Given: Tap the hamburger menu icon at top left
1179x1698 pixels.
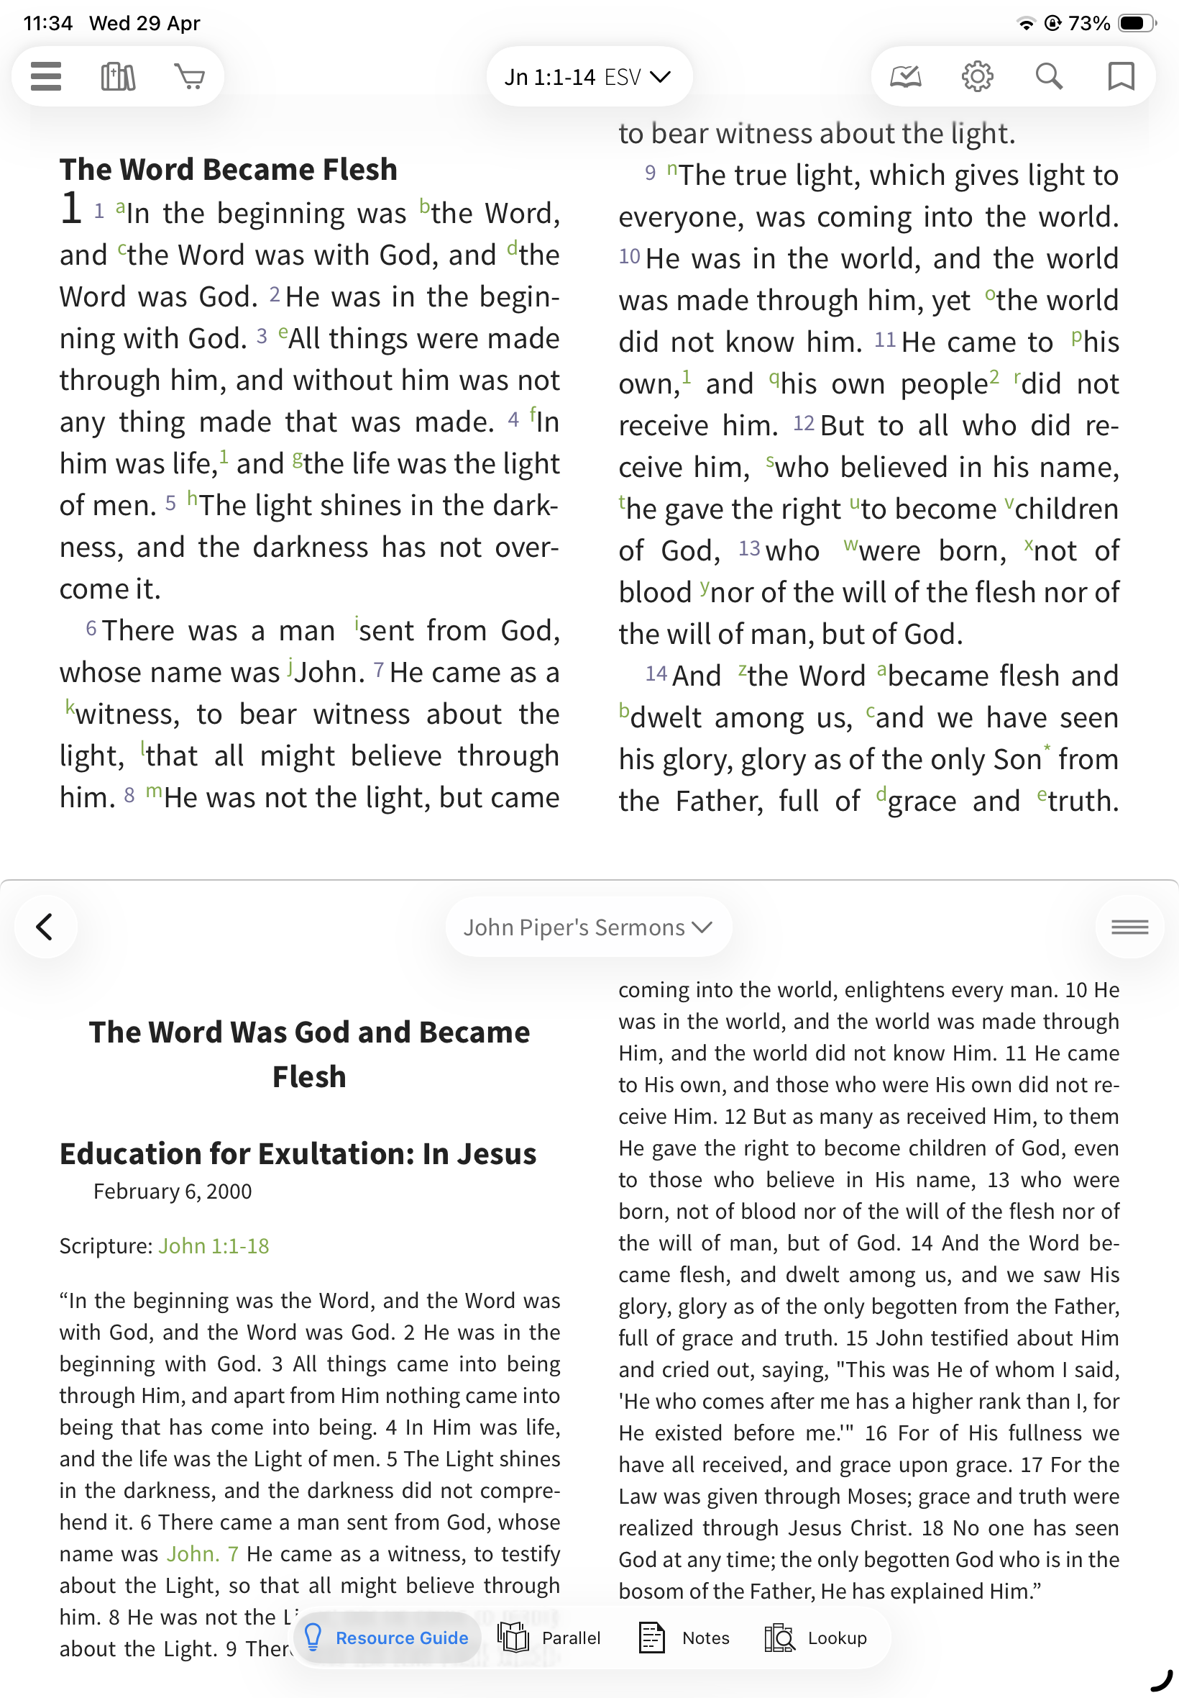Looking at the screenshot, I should [46, 76].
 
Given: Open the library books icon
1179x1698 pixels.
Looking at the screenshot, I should [118, 76].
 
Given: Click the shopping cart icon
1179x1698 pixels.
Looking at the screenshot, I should [190, 76].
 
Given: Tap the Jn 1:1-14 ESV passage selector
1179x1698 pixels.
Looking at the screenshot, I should [588, 77].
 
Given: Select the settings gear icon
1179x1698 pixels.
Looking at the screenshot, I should [976, 76].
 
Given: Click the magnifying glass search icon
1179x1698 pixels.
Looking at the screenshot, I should [1048, 76].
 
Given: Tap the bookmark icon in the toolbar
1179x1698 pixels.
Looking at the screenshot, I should [1120, 76].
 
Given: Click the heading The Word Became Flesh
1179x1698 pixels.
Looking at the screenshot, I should [229, 169].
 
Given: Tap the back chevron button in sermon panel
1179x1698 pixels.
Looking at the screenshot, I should [45, 926].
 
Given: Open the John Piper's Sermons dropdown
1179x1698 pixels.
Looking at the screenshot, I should [588, 927].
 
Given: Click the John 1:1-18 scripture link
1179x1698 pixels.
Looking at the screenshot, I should [214, 1245].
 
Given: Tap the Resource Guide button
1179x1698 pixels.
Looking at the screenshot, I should [387, 1638].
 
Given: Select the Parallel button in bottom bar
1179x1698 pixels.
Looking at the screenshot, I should [550, 1638].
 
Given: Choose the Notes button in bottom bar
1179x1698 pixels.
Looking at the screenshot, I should [684, 1638].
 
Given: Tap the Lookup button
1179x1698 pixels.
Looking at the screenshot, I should [816, 1638].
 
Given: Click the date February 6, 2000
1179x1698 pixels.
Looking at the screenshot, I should [172, 1191].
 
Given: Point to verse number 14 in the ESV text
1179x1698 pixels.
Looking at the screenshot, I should [656, 673].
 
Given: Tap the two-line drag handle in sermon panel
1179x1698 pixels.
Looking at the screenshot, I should [1129, 926].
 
